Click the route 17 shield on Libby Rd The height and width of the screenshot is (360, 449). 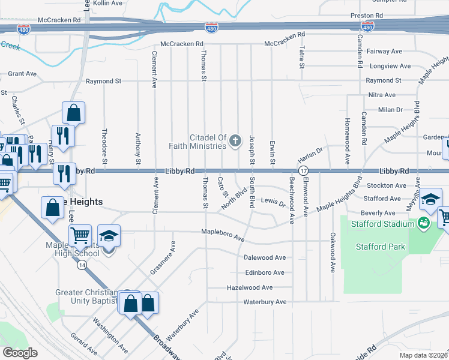click(x=304, y=171)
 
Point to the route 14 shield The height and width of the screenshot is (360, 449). click(x=81, y=264)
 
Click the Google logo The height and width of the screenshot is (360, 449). click(x=20, y=353)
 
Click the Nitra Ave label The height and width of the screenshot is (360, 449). click(x=382, y=95)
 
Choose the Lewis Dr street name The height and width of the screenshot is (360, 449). click(x=273, y=203)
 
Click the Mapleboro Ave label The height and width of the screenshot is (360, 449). click(x=223, y=235)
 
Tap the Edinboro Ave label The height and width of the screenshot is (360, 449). click(x=264, y=272)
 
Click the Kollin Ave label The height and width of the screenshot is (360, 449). click(x=108, y=3)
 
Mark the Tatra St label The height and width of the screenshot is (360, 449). click(x=301, y=57)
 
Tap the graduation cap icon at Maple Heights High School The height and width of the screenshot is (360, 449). click(x=109, y=236)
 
